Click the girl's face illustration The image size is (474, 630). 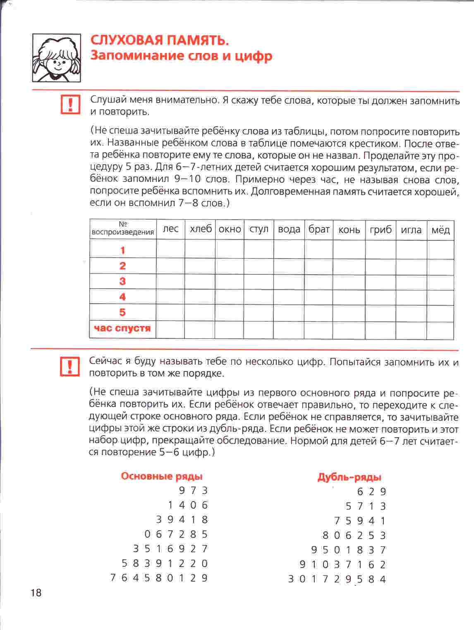[x=57, y=58]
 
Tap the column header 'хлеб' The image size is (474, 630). [x=201, y=229]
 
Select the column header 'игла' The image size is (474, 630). [x=411, y=230]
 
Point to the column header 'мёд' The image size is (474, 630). [x=440, y=230]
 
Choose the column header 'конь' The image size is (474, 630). [x=349, y=230]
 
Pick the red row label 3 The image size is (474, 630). [x=122, y=281]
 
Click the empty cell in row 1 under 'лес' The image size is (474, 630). [x=170, y=249]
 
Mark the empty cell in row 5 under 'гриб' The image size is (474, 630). [x=381, y=313]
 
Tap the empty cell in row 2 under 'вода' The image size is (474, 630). [x=289, y=266]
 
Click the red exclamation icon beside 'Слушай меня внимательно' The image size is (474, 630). [x=70, y=104]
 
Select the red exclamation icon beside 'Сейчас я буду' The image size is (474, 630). [x=70, y=365]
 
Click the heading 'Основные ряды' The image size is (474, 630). [x=162, y=476]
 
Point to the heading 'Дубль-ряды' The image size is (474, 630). [x=349, y=477]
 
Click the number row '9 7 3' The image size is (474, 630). [x=193, y=491]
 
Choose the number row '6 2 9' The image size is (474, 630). [x=371, y=492]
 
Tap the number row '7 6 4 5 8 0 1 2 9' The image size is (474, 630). [x=159, y=578]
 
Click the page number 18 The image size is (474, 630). [x=36, y=593]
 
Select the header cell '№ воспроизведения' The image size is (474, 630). [x=122, y=228]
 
